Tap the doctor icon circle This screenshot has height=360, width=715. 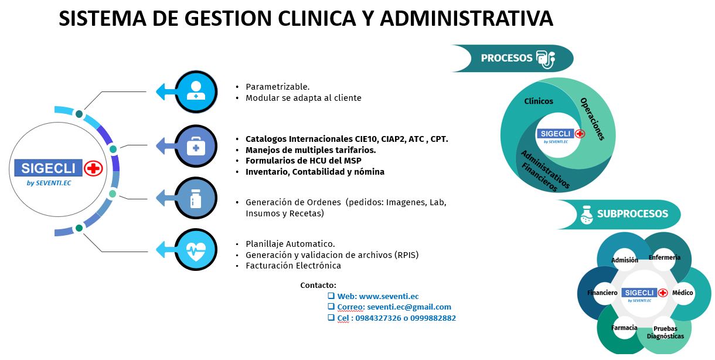tap(196, 91)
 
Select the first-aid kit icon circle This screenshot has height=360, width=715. tap(196, 146)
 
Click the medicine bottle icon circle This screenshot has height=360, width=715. tap(196, 198)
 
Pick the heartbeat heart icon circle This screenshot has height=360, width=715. tap(196, 249)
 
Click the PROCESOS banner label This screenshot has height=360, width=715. tap(506, 58)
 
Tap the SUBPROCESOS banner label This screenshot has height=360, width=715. tap(632, 213)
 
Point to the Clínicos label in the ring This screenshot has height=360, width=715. tap(539, 101)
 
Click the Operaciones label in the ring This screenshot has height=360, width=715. tap(593, 119)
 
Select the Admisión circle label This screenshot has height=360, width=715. tap(625, 260)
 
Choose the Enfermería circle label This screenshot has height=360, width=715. tap(664, 257)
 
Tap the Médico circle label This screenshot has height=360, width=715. tap(682, 293)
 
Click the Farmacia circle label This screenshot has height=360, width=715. tap(624, 328)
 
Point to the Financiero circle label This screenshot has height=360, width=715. tap(602, 293)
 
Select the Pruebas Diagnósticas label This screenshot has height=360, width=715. tap(665, 332)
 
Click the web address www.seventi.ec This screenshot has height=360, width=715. tap(389, 297)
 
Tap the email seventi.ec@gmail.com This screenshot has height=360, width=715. tap(409, 307)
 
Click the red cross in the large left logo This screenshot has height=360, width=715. tap(93, 168)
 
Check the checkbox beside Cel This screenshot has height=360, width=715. tap(331, 318)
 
